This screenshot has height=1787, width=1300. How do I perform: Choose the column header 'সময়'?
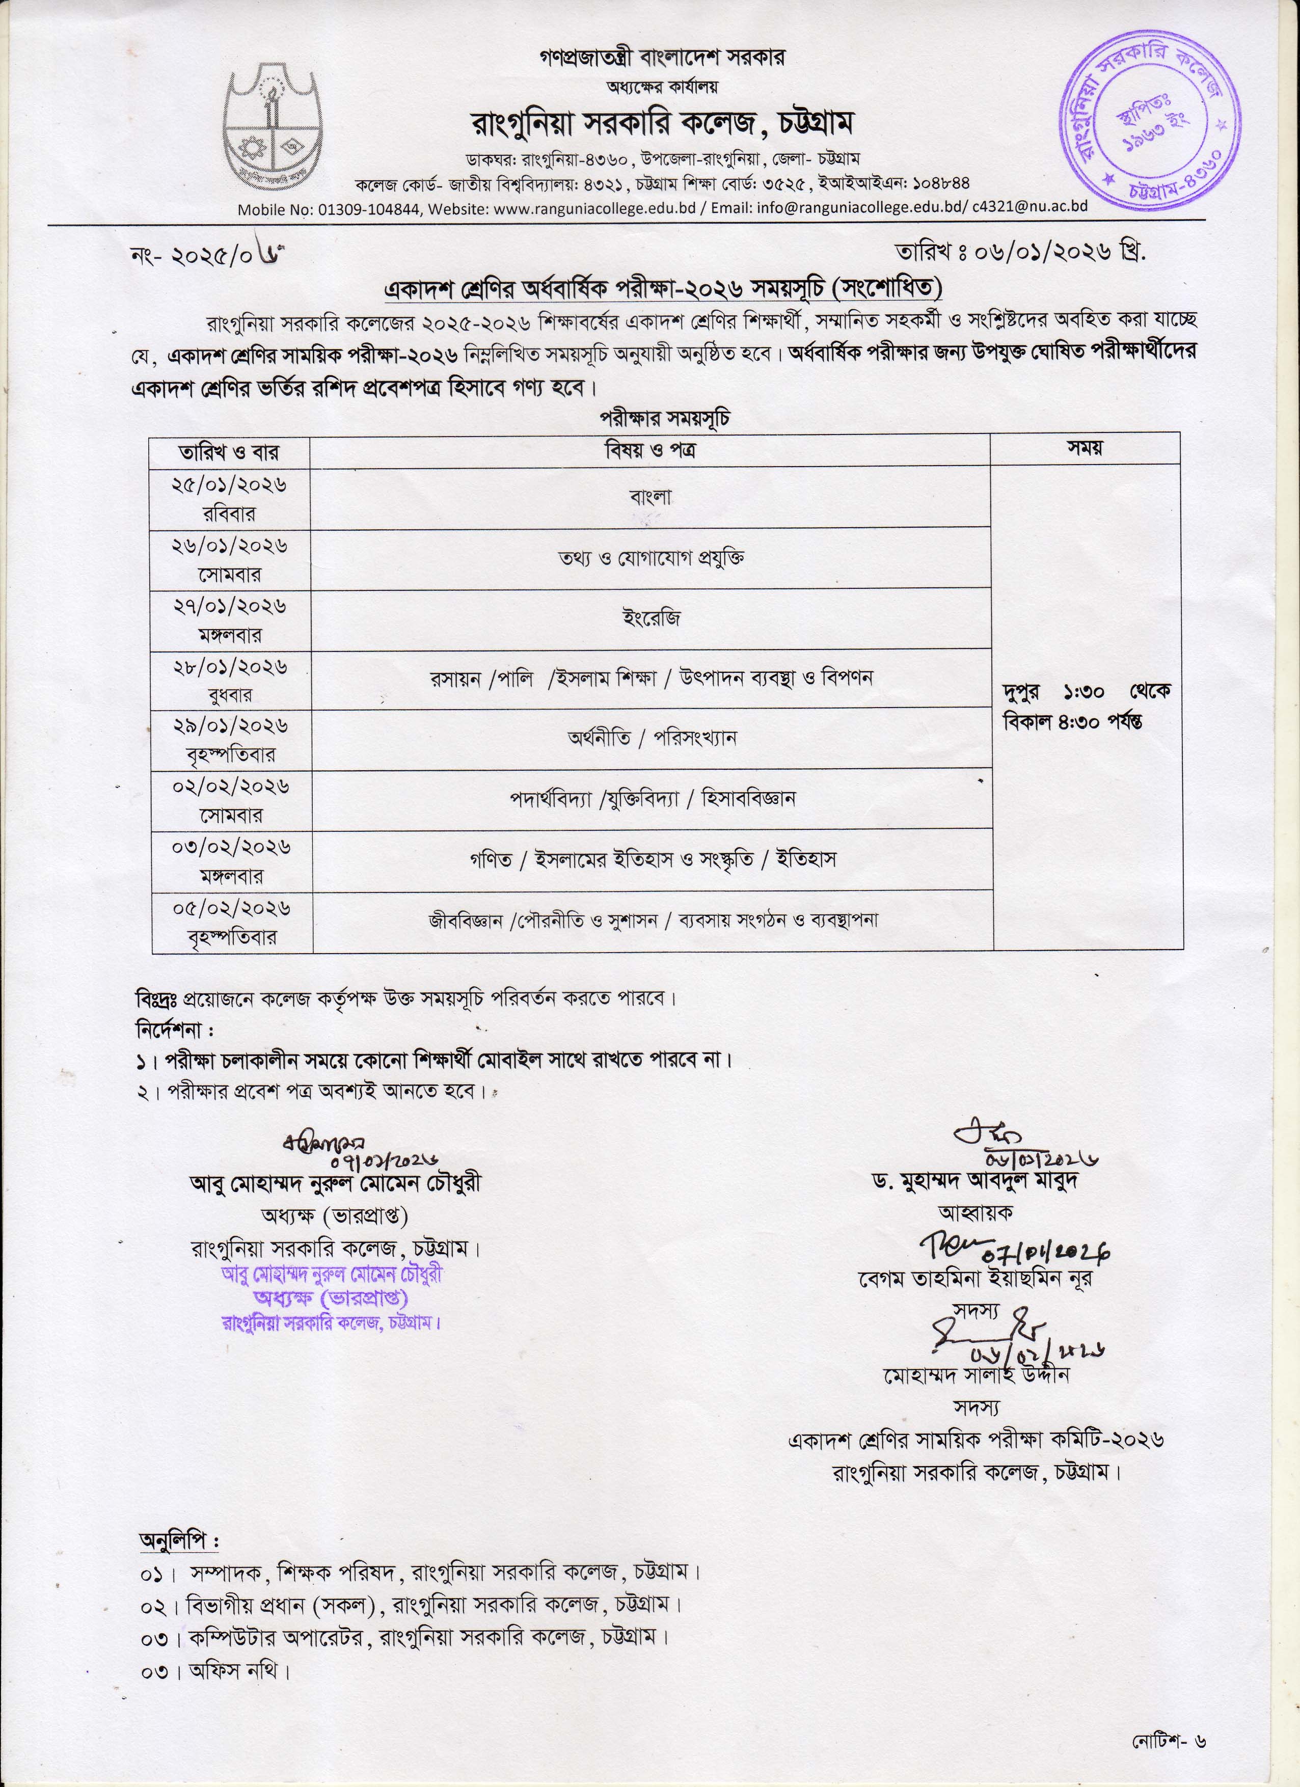1085,448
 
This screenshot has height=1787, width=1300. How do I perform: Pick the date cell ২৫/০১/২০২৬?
229,484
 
